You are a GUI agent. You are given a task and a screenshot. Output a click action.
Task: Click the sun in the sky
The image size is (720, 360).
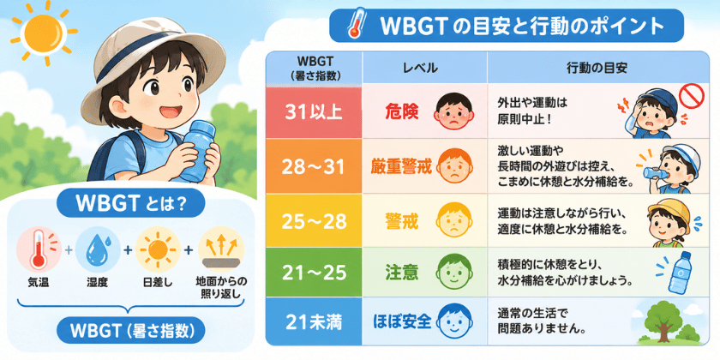(44, 33)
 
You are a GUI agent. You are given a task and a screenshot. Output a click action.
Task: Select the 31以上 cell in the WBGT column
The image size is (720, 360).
(314, 112)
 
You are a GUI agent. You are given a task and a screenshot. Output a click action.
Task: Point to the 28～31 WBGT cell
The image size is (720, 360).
(314, 166)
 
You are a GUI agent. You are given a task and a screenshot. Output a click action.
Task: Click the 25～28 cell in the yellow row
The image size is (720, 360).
(314, 221)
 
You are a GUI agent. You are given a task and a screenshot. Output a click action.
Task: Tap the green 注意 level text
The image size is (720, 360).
(402, 273)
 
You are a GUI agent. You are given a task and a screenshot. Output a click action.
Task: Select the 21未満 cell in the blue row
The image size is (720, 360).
(314, 321)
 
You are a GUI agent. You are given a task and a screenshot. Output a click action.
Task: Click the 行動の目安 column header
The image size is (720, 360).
(597, 68)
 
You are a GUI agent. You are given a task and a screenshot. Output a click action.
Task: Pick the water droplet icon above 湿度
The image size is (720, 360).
(98, 250)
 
